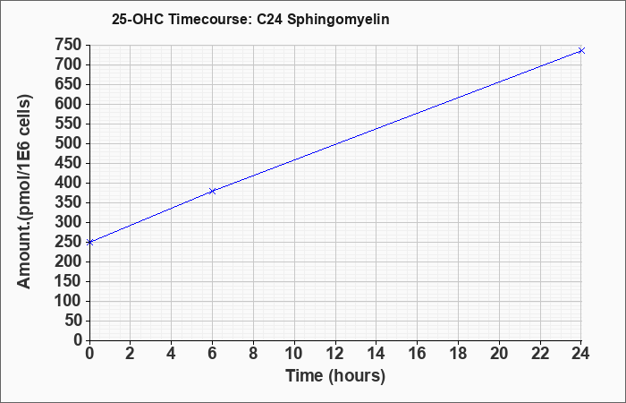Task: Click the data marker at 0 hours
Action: tap(89, 242)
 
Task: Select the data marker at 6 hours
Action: tap(213, 191)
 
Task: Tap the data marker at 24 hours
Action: tap(581, 50)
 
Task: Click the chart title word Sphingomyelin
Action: tap(338, 19)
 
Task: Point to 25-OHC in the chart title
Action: tap(138, 19)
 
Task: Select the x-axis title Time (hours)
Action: tap(335, 376)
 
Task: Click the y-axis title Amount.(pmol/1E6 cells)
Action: tap(24, 192)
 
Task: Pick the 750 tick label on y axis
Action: tap(69, 45)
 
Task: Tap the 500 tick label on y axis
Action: tap(69, 143)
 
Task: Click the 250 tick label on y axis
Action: tap(69, 242)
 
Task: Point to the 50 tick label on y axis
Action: tap(73, 321)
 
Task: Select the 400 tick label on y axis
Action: tap(69, 183)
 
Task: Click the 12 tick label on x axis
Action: tap(335, 354)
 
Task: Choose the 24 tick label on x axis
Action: tap(580, 354)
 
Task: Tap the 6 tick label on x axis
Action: tap(212, 354)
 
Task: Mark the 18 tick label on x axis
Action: tap(458, 354)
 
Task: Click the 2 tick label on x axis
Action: tap(131, 354)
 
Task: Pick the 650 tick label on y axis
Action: tap(69, 84)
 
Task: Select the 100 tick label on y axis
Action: tap(69, 301)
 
